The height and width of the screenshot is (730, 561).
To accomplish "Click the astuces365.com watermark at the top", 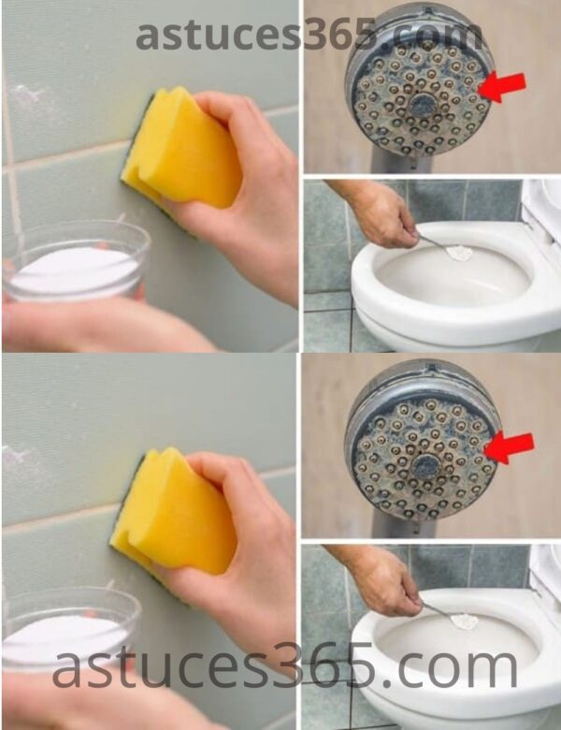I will tap(309, 35).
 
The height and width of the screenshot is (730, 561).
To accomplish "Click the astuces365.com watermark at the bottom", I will tap(285, 666).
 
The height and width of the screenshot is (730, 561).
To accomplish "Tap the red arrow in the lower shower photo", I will tap(510, 446).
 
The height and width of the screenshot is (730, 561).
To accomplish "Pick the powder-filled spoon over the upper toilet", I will tap(458, 251).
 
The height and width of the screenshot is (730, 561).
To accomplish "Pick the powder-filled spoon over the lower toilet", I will tap(463, 620).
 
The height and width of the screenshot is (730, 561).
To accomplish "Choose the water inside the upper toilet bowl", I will tap(439, 281).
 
